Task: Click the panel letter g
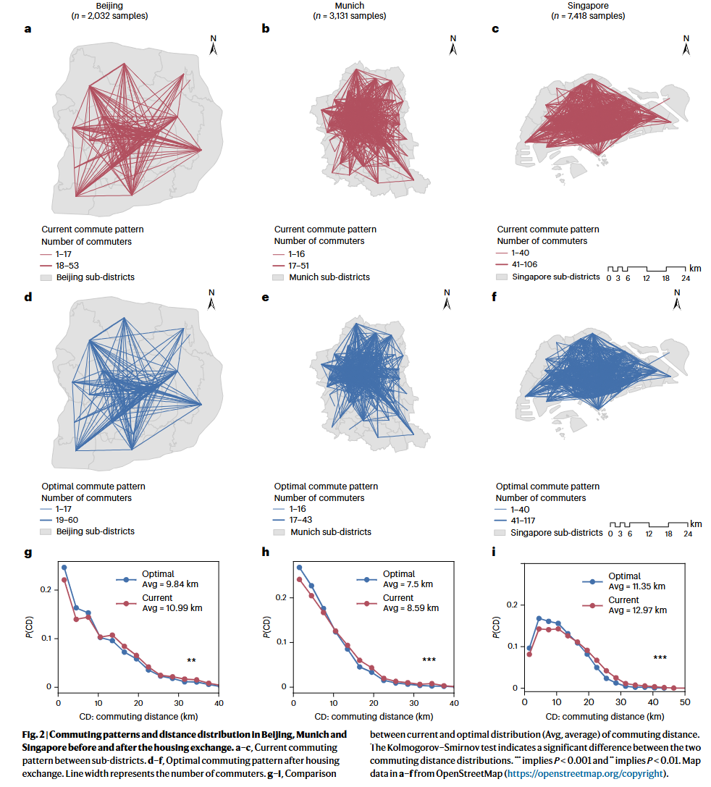(x=28, y=553)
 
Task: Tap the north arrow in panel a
(x=214, y=46)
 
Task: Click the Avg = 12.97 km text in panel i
(x=636, y=610)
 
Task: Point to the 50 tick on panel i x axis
(x=685, y=702)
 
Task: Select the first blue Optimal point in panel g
(x=64, y=568)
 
